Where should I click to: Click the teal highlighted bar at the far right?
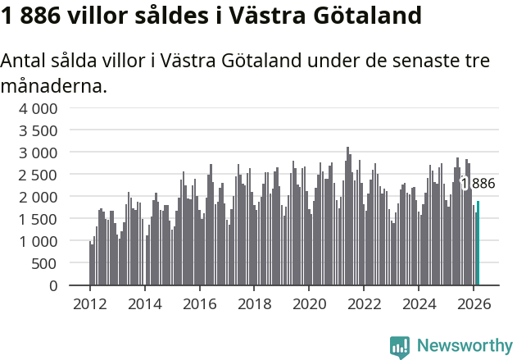click(x=478, y=244)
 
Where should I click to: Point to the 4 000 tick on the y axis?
click(x=39, y=108)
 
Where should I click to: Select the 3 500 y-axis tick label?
click(x=39, y=130)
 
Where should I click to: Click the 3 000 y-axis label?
click(x=39, y=153)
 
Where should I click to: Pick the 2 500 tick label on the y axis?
click(x=39, y=175)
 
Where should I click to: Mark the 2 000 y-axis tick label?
click(x=39, y=197)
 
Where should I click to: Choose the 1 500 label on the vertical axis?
click(x=39, y=219)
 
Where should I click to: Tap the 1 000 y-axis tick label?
click(x=39, y=241)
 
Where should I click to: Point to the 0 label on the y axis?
click(x=53, y=285)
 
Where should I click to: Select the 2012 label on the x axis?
click(x=89, y=303)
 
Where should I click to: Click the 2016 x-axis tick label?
click(x=199, y=303)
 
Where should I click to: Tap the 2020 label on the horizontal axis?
click(x=310, y=303)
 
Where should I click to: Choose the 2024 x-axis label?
click(x=419, y=303)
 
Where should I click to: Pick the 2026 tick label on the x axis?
click(x=474, y=303)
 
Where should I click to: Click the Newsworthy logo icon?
click(x=400, y=347)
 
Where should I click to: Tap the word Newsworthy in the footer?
click(x=465, y=347)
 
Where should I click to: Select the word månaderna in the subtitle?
click(x=53, y=84)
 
